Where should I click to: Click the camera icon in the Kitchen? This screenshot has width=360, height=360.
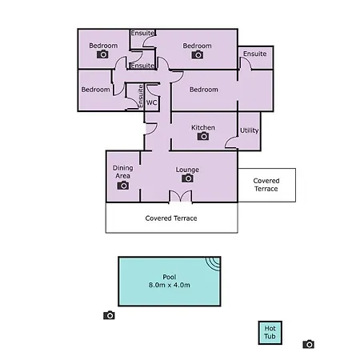(203, 136)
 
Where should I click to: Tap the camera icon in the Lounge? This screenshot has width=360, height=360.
(187, 178)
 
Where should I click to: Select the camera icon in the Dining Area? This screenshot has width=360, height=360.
(123, 185)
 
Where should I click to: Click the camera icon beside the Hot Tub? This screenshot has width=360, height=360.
(309, 344)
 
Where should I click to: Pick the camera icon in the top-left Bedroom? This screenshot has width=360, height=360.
(102, 54)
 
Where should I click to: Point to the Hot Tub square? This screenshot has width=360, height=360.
(270, 333)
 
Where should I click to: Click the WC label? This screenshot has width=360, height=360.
(151, 102)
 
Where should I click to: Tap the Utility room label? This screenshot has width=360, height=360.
(250, 130)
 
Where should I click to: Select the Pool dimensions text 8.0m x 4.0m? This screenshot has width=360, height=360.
(170, 285)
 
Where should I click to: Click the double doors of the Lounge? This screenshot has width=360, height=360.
(181, 197)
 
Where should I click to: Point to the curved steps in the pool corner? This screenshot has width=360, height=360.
(213, 264)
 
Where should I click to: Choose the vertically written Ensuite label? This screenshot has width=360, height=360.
(141, 96)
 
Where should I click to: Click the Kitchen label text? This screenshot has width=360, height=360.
(203, 127)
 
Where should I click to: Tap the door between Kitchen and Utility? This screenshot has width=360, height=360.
(231, 142)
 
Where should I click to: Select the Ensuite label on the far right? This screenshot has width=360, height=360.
(254, 54)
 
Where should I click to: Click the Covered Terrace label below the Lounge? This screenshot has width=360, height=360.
(171, 218)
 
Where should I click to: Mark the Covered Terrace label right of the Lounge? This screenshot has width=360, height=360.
(266, 185)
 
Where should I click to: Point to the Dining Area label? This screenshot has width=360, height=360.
(122, 172)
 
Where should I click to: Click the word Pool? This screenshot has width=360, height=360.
(170, 277)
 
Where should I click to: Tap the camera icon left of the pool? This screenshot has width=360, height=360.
(109, 315)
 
